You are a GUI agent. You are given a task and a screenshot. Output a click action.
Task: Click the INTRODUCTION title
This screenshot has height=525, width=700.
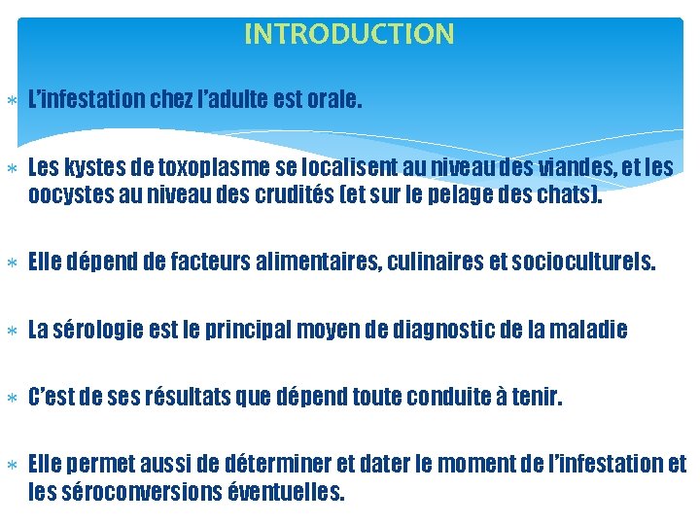click(x=349, y=35)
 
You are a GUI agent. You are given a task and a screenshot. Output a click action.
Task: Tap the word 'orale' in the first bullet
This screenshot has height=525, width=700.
click(x=332, y=98)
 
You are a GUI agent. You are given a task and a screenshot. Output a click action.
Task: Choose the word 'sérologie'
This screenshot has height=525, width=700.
click(x=100, y=331)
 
